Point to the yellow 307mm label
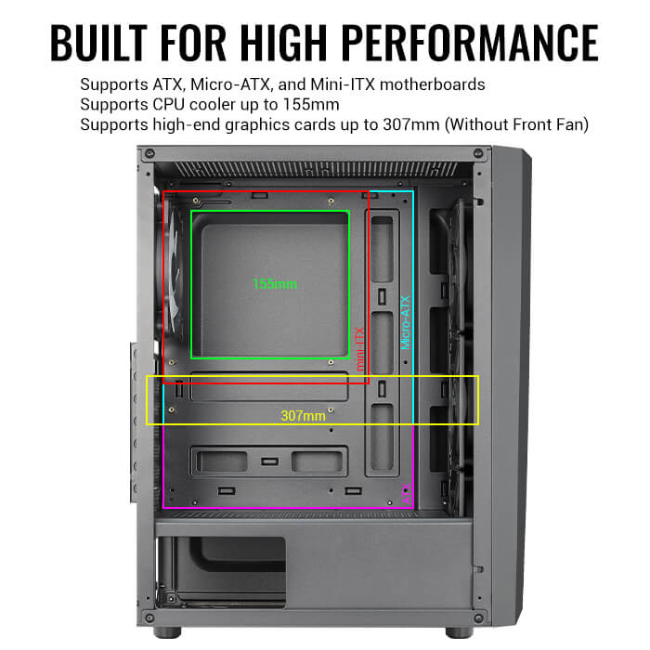304,416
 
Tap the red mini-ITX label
361,348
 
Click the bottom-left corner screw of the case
149,617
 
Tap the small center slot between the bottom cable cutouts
269,461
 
